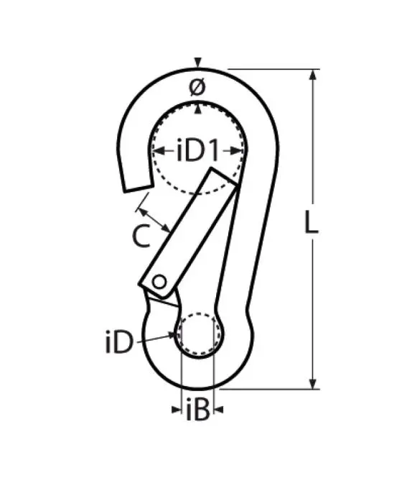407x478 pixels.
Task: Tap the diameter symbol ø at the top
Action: (197, 88)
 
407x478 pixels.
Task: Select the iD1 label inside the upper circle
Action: (197, 150)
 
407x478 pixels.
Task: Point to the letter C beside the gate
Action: (142, 236)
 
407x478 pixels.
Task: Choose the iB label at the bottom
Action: (197, 410)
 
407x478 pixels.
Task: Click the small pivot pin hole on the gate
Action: (159, 281)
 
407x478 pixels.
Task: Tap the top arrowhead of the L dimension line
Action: (314, 74)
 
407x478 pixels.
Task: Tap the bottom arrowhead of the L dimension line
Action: (314, 384)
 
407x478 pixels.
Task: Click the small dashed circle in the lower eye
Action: (199, 334)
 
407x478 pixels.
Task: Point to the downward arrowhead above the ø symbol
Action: (197, 63)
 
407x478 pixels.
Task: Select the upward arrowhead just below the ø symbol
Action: (197, 108)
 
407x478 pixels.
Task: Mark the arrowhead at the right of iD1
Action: (238, 150)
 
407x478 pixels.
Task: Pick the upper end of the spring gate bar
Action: (225, 177)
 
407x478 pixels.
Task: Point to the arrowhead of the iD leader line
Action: (176, 334)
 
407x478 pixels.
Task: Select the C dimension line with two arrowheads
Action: (154, 219)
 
